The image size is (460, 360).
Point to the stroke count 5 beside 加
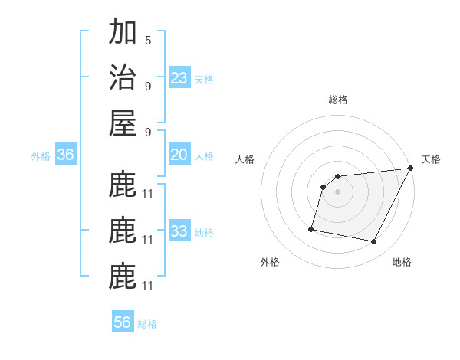pos(148,40)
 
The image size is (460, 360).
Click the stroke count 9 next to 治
pos(148,85)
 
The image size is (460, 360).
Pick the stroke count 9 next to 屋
pos(148,131)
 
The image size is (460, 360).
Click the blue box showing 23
pos(179,77)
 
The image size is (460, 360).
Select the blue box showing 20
pos(179,155)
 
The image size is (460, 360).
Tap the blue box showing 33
pos(179,231)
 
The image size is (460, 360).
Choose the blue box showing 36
pos(66,155)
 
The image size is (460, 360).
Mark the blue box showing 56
pos(123,322)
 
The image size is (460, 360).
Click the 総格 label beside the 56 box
pos(147,324)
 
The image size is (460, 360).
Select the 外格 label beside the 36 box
pos(41,156)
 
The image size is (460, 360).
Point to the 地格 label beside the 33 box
pos(204,232)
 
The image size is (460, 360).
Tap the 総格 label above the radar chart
pos(337,100)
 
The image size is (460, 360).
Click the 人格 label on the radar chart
pos(245,159)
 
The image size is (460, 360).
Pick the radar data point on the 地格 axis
pos(374,242)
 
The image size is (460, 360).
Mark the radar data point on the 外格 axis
pos(311,228)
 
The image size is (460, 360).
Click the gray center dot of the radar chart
pos(337,192)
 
